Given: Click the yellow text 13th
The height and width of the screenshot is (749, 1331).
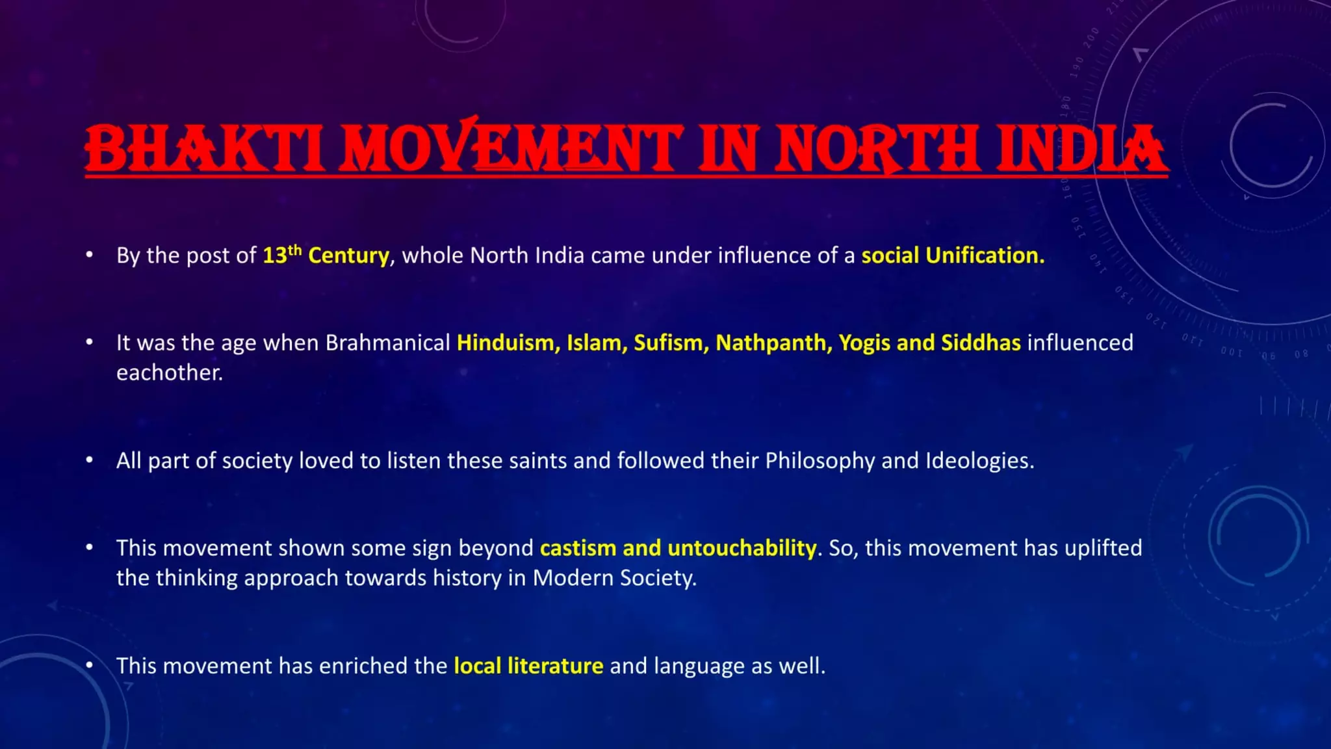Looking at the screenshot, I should pyautogui.click(x=282, y=255).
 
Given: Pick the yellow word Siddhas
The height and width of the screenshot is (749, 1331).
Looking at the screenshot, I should pyautogui.click(x=981, y=343).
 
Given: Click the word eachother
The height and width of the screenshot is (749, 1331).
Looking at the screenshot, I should pyautogui.click(x=169, y=373).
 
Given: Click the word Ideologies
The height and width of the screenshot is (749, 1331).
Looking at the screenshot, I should pyautogui.click(x=979, y=461).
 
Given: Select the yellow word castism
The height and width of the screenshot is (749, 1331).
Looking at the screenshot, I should pyautogui.click(x=578, y=548).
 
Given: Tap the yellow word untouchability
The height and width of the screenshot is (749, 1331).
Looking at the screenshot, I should pyautogui.click(x=742, y=548).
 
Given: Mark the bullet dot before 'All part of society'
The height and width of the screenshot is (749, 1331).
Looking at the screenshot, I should pyautogui.click(x=90, y=460).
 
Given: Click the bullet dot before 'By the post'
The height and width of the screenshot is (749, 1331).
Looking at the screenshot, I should pyautogui.click(x=90, y=255).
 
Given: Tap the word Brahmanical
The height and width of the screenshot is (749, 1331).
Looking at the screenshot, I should pyautogui.click(x=387, y=343).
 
